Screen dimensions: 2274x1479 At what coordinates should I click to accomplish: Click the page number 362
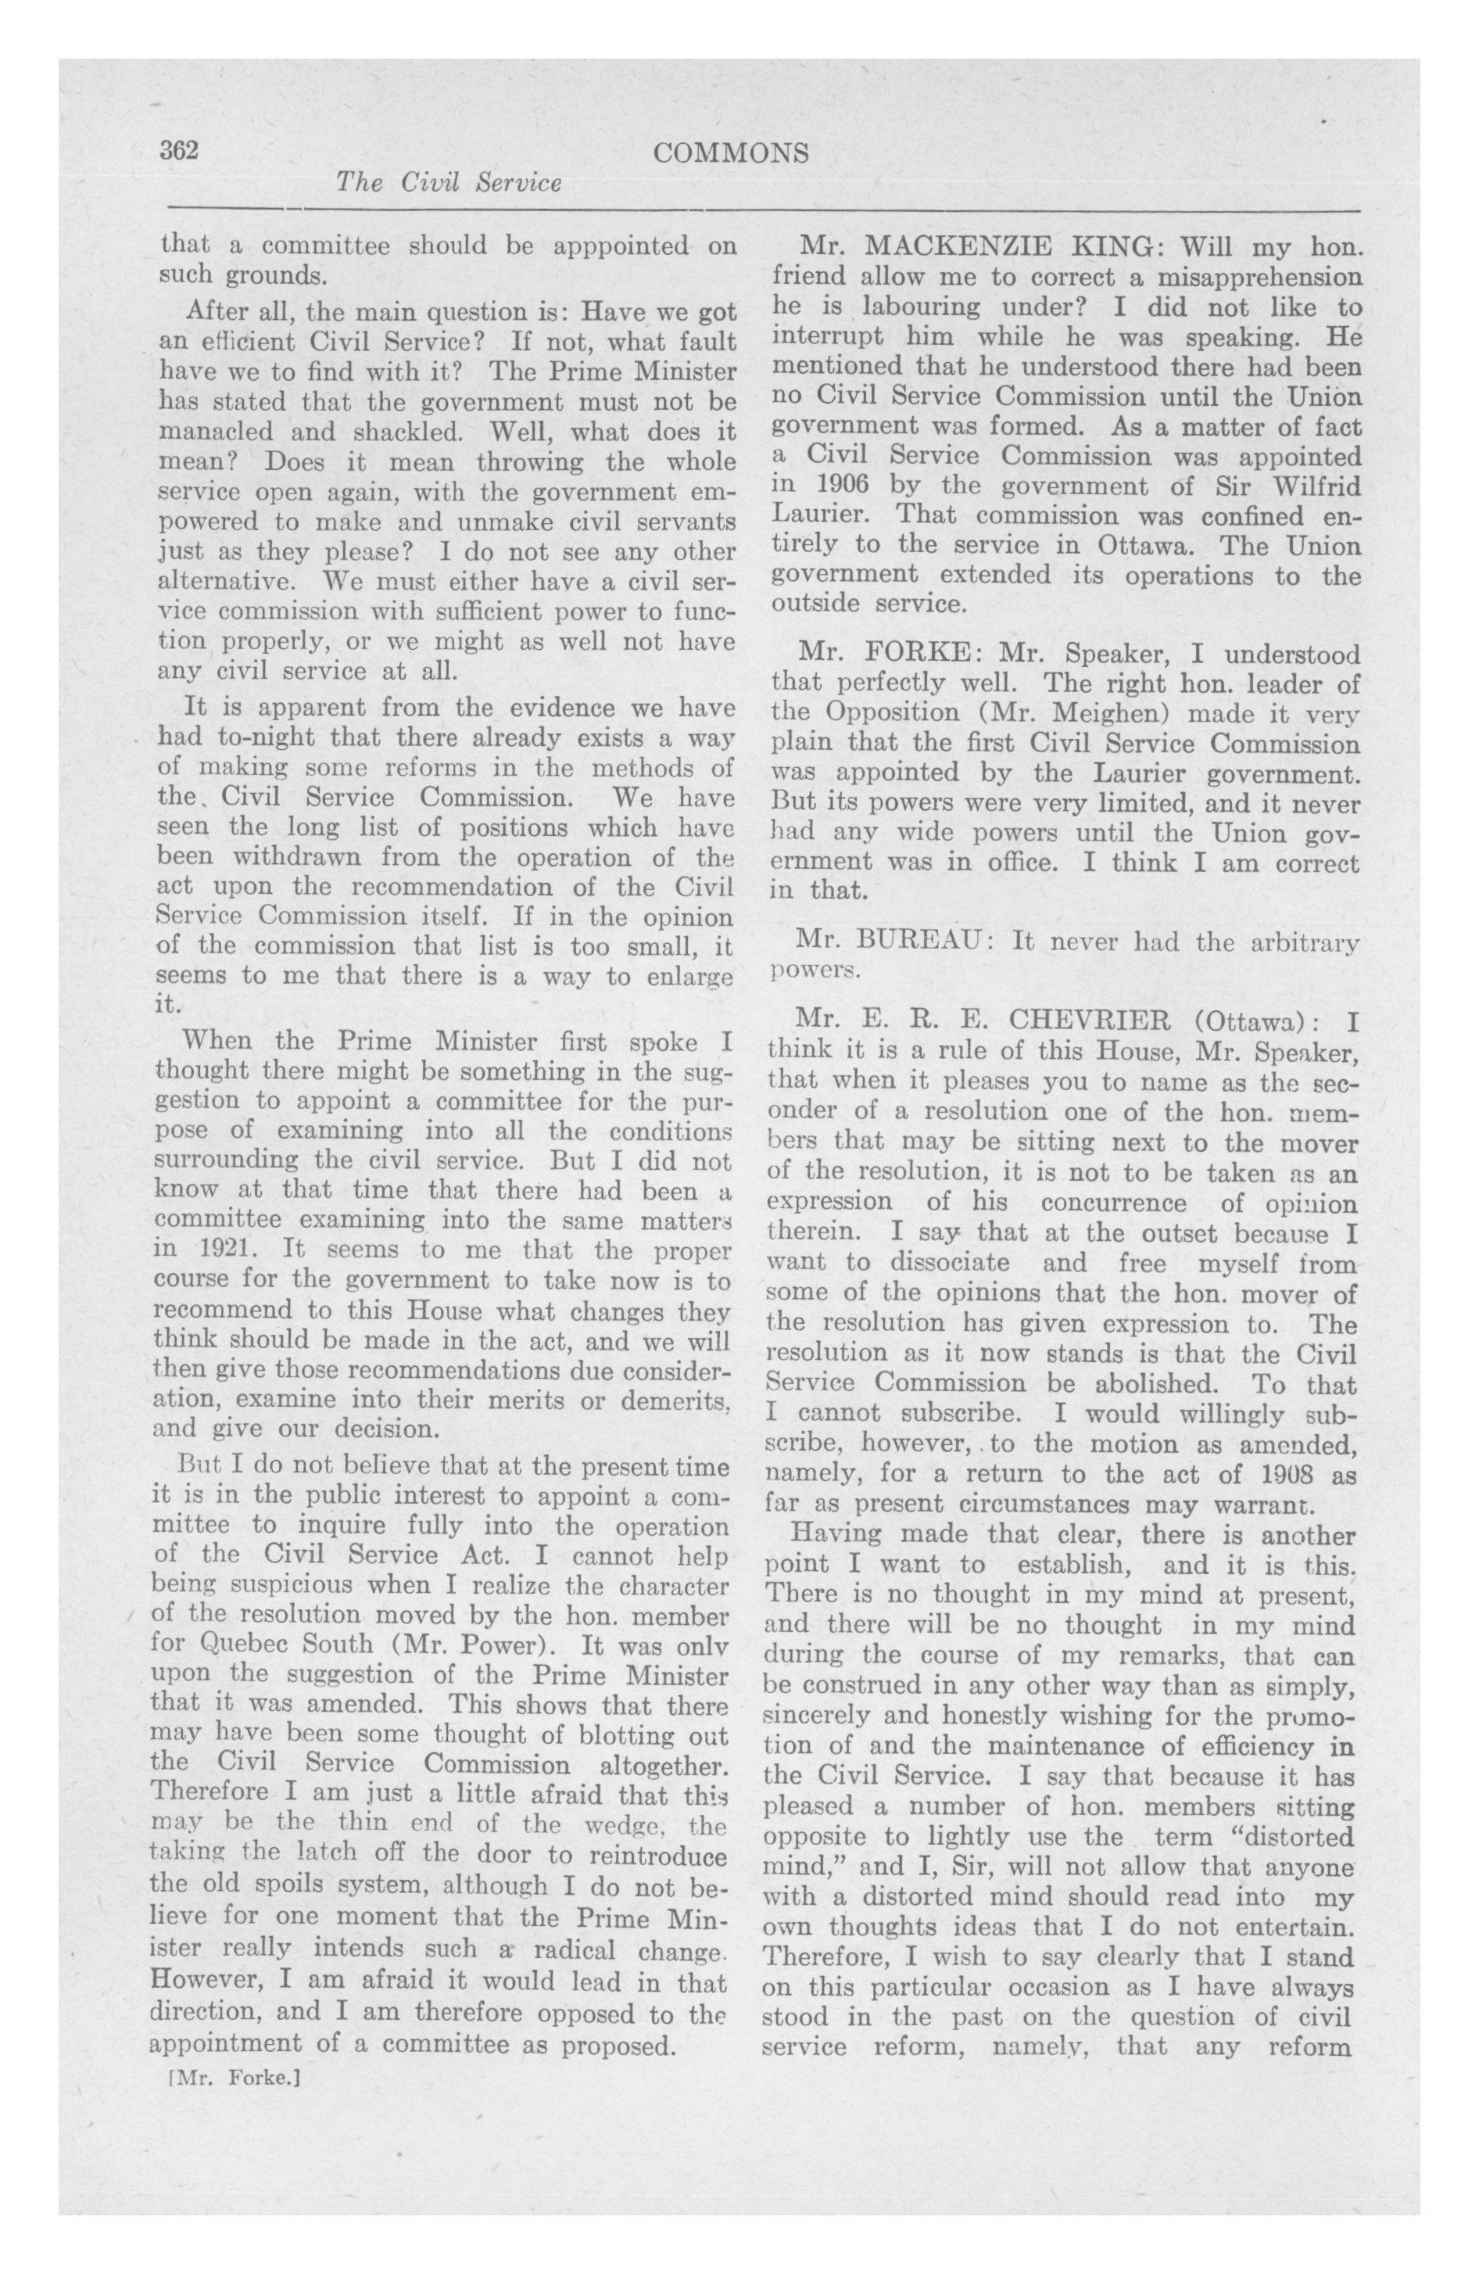(179, 151)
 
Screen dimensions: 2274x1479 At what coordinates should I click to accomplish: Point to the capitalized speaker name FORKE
(916, 655)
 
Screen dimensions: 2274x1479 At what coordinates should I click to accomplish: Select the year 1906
(837, 486)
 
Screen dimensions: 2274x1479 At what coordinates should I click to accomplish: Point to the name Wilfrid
(1316, 486)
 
